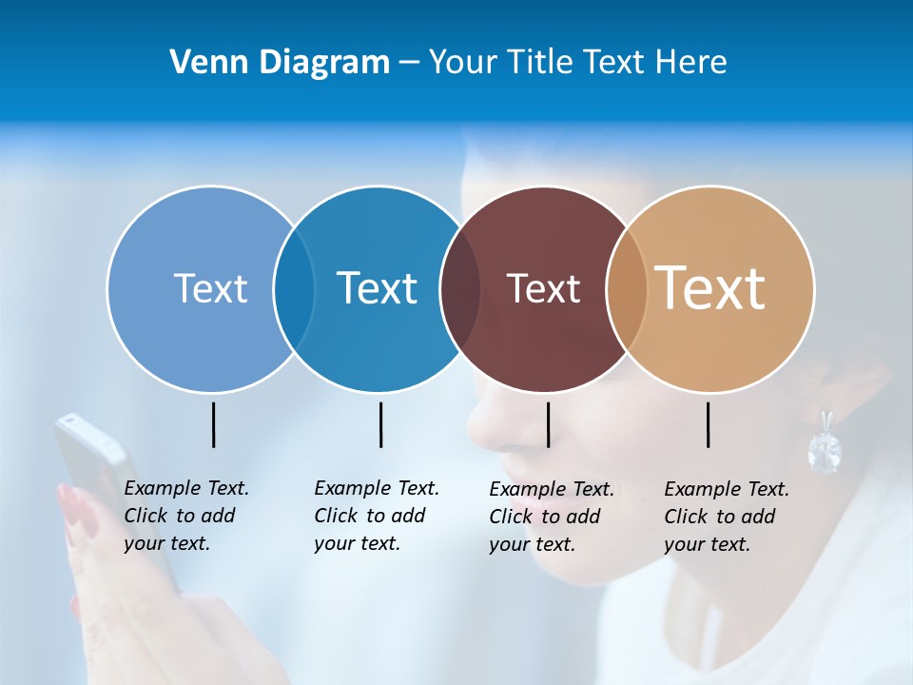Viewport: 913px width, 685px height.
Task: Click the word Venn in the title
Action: pyautogui.click(x=202, y=63)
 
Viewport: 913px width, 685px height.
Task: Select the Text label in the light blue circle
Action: pyautogui.click(x=210, y=288)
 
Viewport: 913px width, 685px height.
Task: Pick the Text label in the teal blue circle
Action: pyautogui.click(x=377, y=288)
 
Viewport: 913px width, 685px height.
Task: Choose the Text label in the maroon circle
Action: pyautogui.click(x=543, y=288)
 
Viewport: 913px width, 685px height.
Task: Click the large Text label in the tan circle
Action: pyautogui.click(x=710, y=287)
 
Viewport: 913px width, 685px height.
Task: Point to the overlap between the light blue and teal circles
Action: pyautogui.click(x=294, y=288)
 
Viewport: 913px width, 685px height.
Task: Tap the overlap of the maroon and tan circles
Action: pyautogui.click(x=627, y=288)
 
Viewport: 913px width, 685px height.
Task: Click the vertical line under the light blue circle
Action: pyautogui.click(x=214, y=424)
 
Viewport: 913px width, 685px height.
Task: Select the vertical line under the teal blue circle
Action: pyautogui.click(x=380, y=424)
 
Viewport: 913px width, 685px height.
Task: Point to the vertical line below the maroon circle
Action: pyautogui.click(x=548, y=424)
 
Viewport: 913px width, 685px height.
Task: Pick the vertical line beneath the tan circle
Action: pyautogui.click(x=709, y=424)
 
